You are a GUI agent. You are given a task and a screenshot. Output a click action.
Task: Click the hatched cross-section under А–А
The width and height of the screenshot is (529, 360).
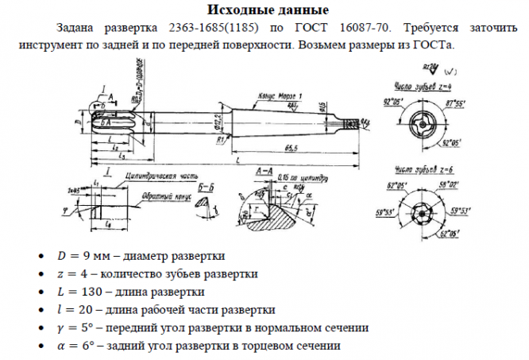coord(282,213)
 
